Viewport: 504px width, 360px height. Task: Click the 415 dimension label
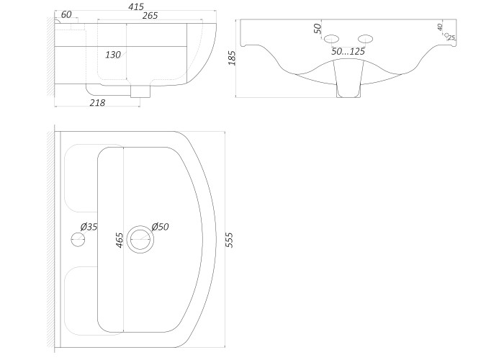[x=135, y=6]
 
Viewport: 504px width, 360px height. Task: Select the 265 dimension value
[x=150, y=15]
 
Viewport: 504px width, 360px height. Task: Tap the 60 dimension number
[x=66, y=14]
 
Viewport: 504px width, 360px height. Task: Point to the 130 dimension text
[x=113, y=55]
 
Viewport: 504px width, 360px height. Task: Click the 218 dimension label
[x=97, y=103]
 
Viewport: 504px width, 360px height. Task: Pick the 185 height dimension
[x=232, y=58]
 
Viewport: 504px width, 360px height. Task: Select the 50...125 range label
[x=348, y=51]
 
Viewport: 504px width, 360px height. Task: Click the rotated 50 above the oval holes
[x=318, y=29]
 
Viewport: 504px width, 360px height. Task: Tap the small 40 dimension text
[x=440, y=27]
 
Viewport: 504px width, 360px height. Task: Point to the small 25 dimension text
[x=451, y=37]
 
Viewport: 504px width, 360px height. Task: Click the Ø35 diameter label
[x=89, y=227]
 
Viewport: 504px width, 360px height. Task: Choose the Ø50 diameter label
[x=160, y=227]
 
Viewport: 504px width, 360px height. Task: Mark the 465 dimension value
[x=120, y=240]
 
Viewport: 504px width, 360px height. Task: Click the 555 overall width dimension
[x=230, y=240]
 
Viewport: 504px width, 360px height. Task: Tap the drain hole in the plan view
[x=140, y=239]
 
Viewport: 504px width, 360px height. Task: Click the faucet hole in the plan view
[x=78, y=240]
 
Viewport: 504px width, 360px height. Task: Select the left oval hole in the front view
[x=331, y=39]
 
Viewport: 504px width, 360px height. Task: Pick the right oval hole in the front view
[x=366, y=39]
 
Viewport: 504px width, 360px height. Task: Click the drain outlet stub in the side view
[x=140, y=91]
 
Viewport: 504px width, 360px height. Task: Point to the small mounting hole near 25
[x=446, y=35]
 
